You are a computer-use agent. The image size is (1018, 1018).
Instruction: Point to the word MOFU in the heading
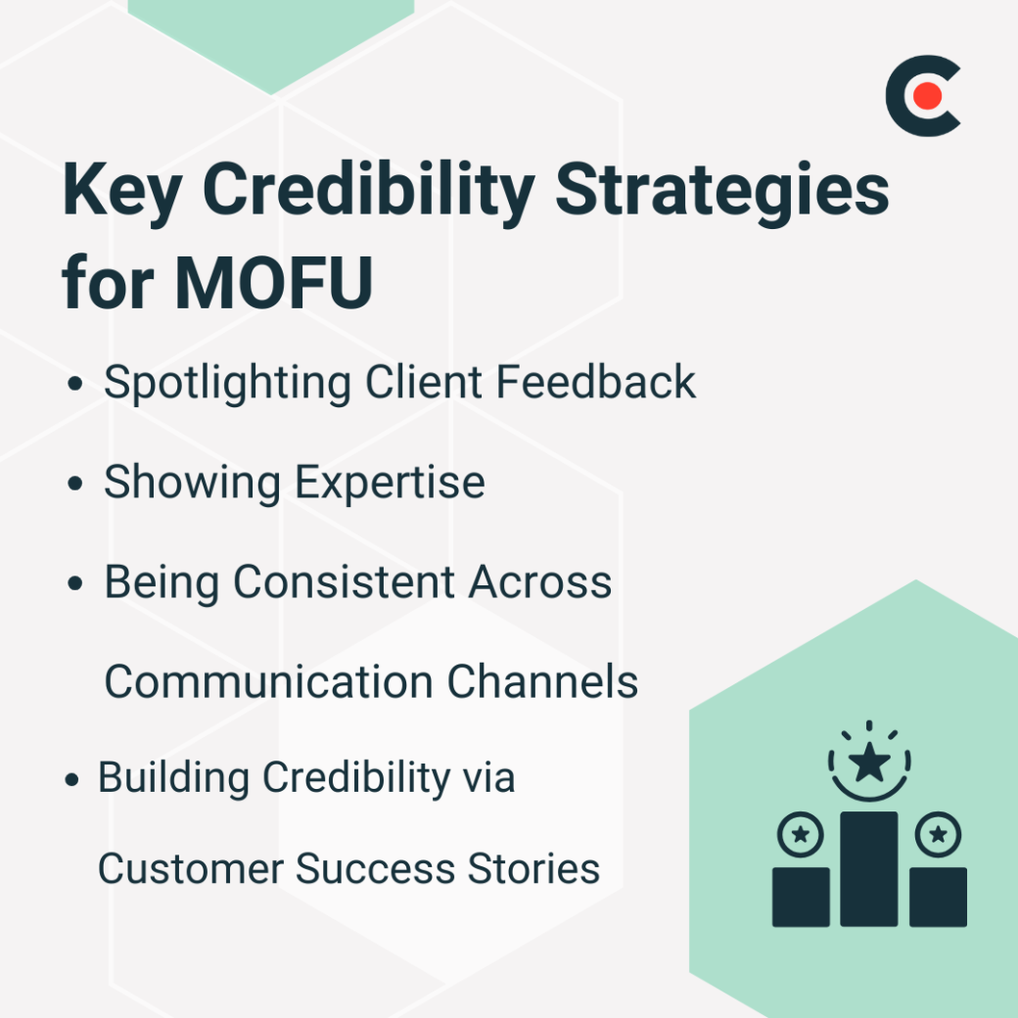click(275, 282)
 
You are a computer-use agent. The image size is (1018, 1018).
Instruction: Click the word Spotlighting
click(228, 382)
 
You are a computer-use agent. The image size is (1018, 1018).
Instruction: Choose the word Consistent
click(344, 582)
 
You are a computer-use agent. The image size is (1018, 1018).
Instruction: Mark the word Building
click(172, 778)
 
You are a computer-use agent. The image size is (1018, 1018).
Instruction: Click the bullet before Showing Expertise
click(75, 485)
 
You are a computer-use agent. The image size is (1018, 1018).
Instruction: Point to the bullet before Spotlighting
click(75, 385)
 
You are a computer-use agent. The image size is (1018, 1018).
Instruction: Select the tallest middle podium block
click(868, 869)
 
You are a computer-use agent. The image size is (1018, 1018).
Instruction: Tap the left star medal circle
click(800, 835)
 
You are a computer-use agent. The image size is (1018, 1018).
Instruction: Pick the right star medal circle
click(938, 835)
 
